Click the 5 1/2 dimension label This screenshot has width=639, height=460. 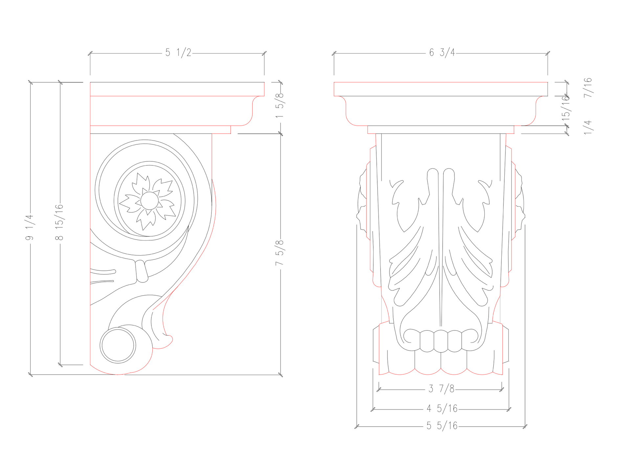pyautogui.click(x=178, y=52)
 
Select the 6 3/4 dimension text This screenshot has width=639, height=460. pyautogui.click(x=442, y=52)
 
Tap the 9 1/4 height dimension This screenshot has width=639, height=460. pyautogui.click(x=30, y=227)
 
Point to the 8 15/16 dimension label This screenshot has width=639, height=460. pyautogui.click(x=59, y=222)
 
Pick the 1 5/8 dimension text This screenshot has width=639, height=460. pyautogui.click(x=280, y=105)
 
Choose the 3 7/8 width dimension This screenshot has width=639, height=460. pyautogui.click(x=441, y=389)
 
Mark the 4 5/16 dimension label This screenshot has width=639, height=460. pyautogui.click(x=442, y=408)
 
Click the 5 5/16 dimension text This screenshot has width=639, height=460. pyautogui.click(x=442, y=426)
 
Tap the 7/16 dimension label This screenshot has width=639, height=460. pyautogui.click(x=588, y=87)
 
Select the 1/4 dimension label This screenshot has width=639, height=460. pyautogui.click(x=588, y=127)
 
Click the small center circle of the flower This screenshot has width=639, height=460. pyautogui.click(x=149, y=200)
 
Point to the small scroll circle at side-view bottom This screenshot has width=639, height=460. pyautogui.click(x=118, y=345)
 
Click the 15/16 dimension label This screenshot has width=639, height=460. pyautogui.click(x=566, y=108)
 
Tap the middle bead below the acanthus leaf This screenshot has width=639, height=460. pyautogui.click(x=441, y=341)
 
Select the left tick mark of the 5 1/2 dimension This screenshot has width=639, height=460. pyautogui.click(x=90, y=53)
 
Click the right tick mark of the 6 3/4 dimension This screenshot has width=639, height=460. pyautogui.click(x=547, y=53)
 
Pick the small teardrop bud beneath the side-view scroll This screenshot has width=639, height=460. pyautogui.click(x=142, y=271)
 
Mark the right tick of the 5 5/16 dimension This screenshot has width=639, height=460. pyautogui.click(x=525, y=427)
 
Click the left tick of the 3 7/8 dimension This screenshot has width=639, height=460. pyautogui.click(x=379, y=390)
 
